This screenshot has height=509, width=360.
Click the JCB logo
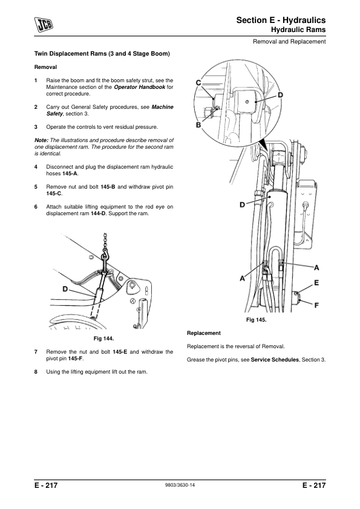[44, 25]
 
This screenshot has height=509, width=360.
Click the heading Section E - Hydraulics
[281, 20]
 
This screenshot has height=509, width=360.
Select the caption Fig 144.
[103, 339]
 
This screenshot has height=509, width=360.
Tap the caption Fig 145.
[256, 320]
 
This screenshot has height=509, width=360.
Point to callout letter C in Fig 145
[198, 83]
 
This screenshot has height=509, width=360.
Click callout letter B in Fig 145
[198, 125]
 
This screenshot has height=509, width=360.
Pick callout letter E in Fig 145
[316, 283]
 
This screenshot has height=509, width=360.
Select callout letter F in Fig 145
[316, 305]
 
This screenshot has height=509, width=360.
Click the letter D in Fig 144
[65, 289]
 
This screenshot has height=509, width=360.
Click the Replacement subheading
[204, 333]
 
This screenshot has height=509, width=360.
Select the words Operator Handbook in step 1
[139, 87]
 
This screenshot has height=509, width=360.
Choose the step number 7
[36, 352]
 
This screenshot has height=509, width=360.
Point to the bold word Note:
[41, 140]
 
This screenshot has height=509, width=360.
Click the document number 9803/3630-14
[180, 485]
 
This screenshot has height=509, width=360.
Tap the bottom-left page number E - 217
[46, 485]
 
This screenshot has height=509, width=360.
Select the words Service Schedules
[275, 360]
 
